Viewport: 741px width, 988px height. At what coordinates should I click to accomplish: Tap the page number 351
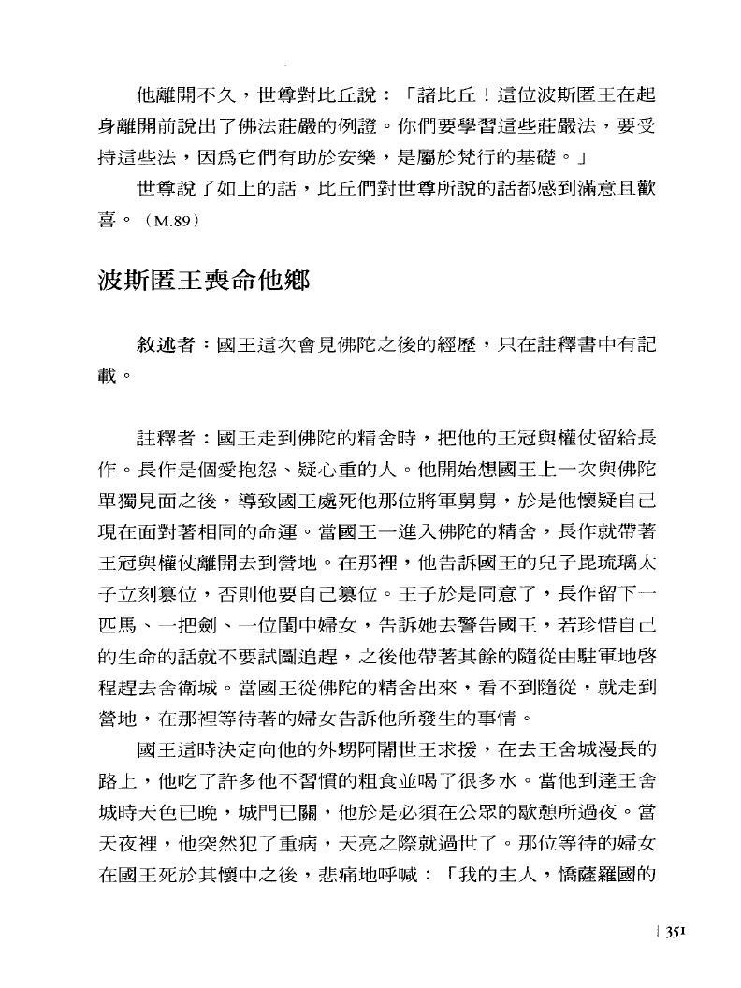click(677, 931)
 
